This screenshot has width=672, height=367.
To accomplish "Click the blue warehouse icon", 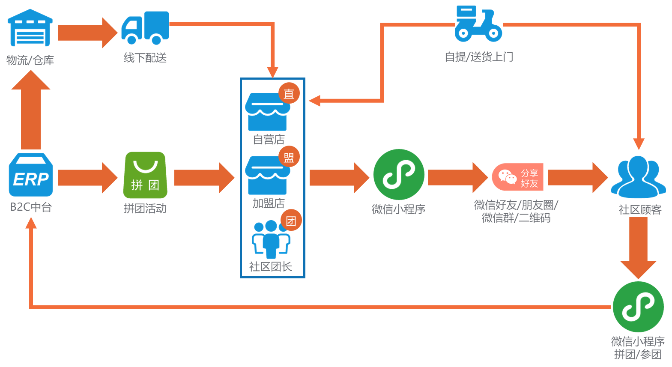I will (x=30, y=28).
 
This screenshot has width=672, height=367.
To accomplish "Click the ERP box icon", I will (x=31, y=175).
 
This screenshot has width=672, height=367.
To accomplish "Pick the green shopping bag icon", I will (x=146, y=175).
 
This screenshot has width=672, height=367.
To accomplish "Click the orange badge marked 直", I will (x=289, y=93).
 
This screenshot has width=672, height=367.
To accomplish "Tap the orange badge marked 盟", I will (x=289, y=157).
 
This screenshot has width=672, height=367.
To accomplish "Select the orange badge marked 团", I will (x=291, y=221).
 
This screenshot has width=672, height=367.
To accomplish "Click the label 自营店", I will (x=269, y=140).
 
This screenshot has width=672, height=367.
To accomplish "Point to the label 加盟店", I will (x=269, y=203).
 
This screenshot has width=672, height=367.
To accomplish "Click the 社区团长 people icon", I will (x=270, y=239).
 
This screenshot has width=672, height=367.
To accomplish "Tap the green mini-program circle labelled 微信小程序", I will (x=399, y=174).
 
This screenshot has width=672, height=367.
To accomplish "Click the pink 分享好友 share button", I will (x=518, y=177).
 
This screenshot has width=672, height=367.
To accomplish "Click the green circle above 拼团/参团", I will (x=638, y=307).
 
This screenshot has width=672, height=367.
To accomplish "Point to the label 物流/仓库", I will (x=30, y=60).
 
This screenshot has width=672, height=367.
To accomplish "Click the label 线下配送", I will (x=145, y=58).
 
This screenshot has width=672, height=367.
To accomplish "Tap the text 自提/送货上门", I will (x=479, y=57).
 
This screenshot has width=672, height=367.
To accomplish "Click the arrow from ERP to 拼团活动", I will (x=87, y=177).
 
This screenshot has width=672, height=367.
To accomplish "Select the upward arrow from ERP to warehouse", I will (x=31, y=111).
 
